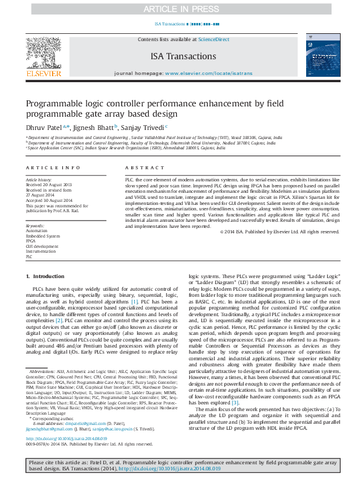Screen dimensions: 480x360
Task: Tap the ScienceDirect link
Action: pos(214,39)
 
